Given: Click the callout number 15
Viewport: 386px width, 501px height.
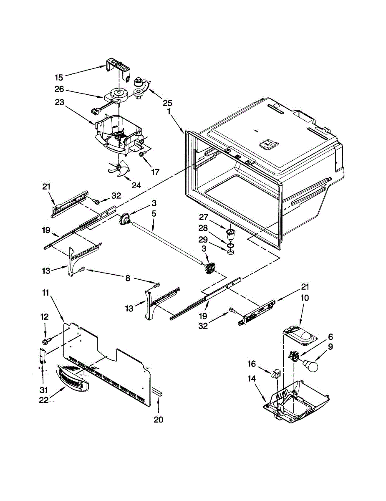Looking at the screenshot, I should tap(59, 77).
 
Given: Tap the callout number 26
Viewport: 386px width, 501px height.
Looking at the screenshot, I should tap(59, 89).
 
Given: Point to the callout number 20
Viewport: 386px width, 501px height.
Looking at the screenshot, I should tap(159, 420).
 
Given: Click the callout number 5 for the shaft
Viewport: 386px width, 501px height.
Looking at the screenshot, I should tap(154, 214).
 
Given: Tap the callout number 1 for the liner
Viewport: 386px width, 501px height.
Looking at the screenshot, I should tap(169, 112).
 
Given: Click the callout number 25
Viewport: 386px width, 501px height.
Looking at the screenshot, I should tap(168, 103).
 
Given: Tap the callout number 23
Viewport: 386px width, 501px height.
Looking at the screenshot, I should tap(59, 101).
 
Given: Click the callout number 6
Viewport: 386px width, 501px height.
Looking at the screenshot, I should tap(330, 336).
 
